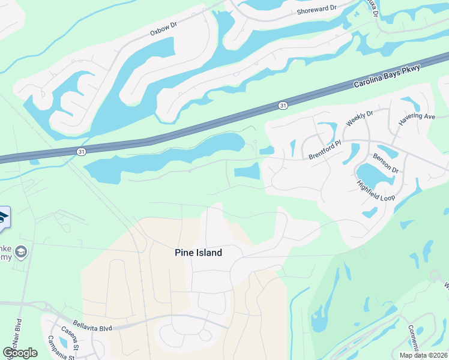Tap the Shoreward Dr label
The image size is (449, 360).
click(317, 10)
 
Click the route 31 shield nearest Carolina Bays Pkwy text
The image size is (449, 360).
click(283, 105)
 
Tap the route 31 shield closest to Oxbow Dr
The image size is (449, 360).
click(82, 152)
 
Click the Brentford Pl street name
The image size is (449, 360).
click(325, 149)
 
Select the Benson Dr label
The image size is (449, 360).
click(385, 163)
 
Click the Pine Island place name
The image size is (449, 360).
click(199, 253)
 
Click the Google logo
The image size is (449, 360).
click(20, 352)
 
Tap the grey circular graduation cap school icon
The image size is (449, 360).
click(22, 251)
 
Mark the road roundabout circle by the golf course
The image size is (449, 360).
click(435, 275)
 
